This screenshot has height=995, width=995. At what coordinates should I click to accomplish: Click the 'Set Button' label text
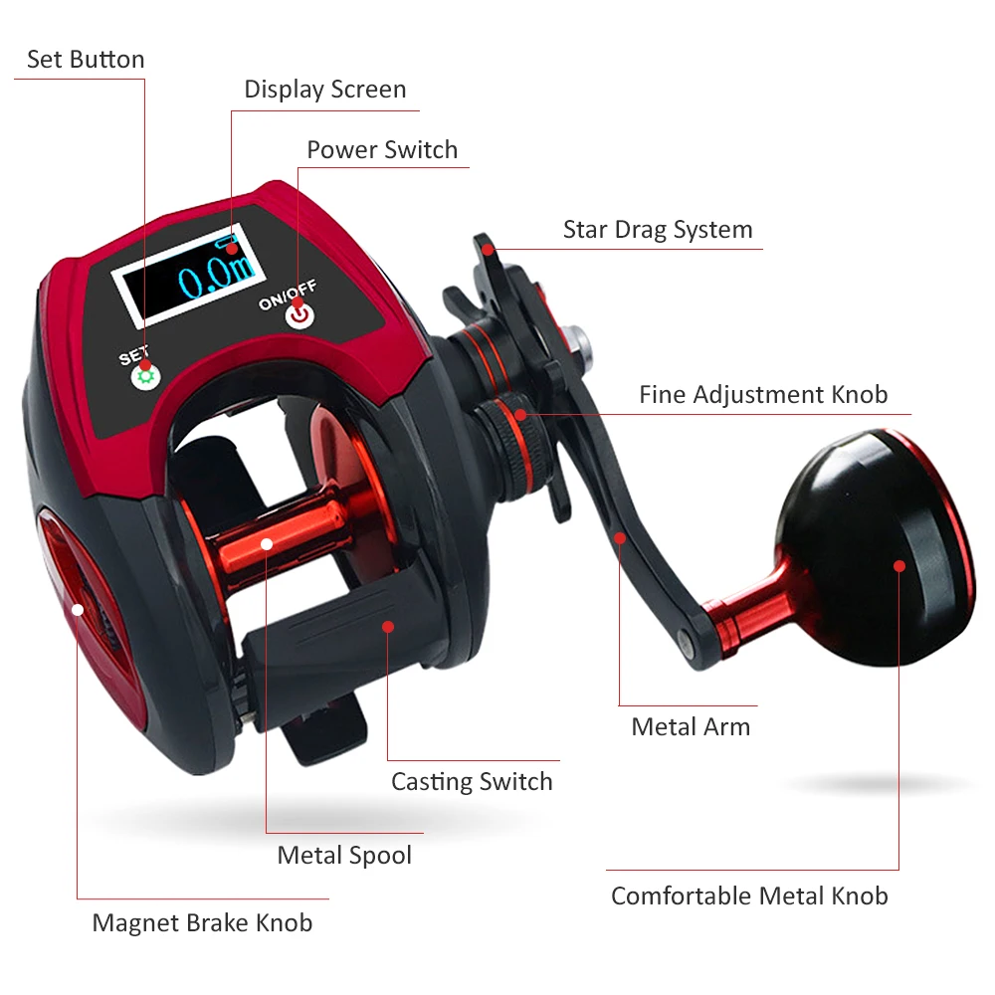pos(86,59)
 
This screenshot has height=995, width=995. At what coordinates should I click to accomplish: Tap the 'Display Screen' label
pos(325,90)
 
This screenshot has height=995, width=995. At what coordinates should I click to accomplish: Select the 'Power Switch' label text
pos(382,150)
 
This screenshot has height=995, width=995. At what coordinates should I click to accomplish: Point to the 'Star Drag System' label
pos(658,230)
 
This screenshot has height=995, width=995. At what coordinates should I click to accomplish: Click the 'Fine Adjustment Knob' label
pos(763,395)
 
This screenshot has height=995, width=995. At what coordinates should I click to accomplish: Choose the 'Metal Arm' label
pos(691,726)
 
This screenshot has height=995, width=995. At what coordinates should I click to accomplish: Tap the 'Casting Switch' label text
pos(472,782)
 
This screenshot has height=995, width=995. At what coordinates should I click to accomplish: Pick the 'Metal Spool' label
pos(344,856)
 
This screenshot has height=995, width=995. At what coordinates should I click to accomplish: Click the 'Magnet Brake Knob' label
pos(202,922)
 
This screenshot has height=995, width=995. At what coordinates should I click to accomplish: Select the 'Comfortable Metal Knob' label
pos(749,896)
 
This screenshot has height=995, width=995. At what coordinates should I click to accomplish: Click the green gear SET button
pos(146,377)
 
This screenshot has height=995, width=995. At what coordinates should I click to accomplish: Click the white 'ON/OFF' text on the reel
pos(288,296)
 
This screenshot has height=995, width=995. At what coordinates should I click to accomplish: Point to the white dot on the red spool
pos(267,544)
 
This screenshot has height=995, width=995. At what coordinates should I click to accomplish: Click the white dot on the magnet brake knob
pos(78,610)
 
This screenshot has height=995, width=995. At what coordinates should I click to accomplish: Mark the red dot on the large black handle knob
pos(899,566)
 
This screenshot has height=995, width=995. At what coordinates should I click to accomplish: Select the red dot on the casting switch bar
pos(388,627)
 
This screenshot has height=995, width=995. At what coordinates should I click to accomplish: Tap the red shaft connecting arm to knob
pos(749,609)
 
